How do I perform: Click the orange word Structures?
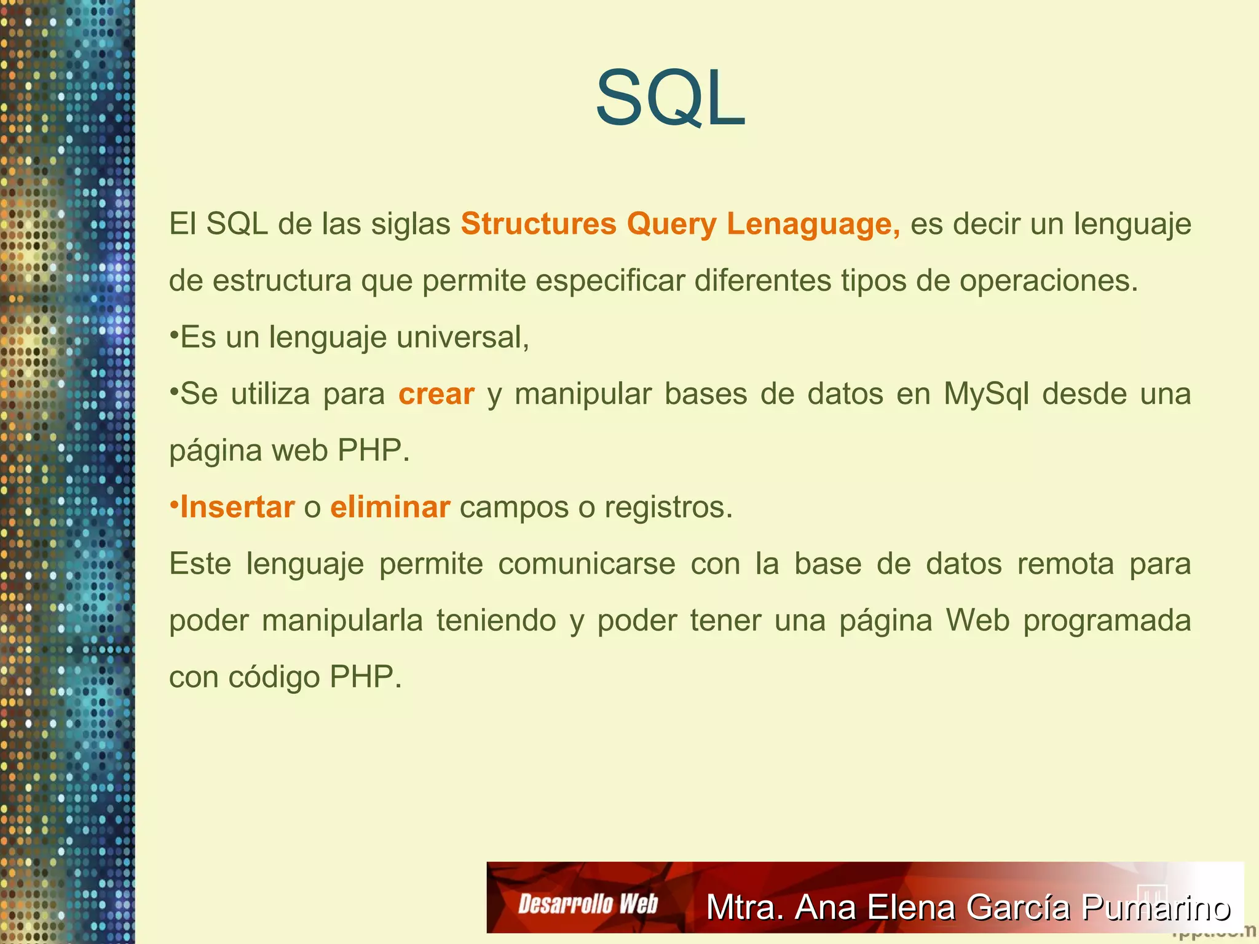click(x=539, y=224)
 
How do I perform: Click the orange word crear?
click(x=436, y=394)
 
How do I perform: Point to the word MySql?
click(x=986, y=394)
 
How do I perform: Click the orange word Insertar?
click(x=237, y=508)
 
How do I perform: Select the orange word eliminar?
click(x=390, y=508)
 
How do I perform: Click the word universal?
click(x=462, y=337)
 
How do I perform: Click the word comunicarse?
click(x=586, y=564)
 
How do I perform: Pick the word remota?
click(x=1065, y=564)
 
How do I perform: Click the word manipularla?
click(x=342, y=621)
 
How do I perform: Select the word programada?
click(x=1107, y=621)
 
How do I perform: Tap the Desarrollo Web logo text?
click(x=588, y=904)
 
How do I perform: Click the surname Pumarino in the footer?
click(x=1156, y=907)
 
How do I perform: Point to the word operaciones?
click(x=1049, y=281)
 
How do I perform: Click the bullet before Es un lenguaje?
click(x=174, y=336)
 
